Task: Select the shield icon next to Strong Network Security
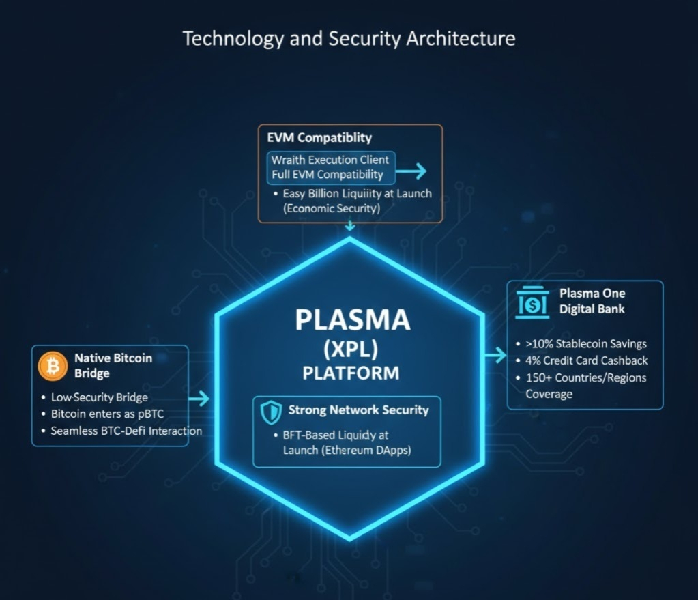click(271, 411)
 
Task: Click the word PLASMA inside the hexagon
click(352, 320)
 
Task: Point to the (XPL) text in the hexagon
click(351, 349)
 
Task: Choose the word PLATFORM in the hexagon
click(351, 373)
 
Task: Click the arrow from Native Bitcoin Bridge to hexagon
click(199, 399)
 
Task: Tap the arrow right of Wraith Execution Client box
click(412, 172)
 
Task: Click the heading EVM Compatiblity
click(319, 138)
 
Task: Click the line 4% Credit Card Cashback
click(586, 360)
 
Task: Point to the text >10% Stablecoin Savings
click(586, 344)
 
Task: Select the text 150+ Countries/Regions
click(585, 377)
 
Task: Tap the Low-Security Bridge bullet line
click(100, 397)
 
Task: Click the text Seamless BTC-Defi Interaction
click(126, 431)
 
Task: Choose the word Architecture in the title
click(461, 38)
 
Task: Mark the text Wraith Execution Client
click(330, 160)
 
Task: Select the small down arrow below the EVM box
click(350, 226)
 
